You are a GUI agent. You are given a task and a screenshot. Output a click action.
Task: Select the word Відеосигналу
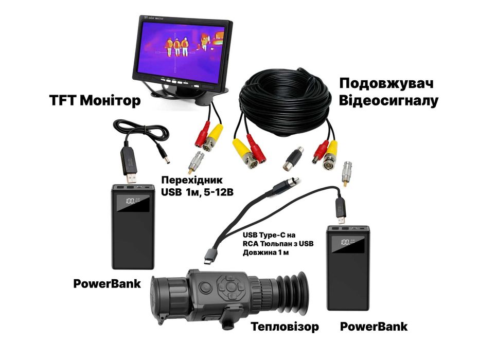coord(388,100)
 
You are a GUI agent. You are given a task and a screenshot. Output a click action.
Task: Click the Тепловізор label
coord(285,327)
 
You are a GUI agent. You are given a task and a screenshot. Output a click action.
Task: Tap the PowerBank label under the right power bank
coord(374,327)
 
